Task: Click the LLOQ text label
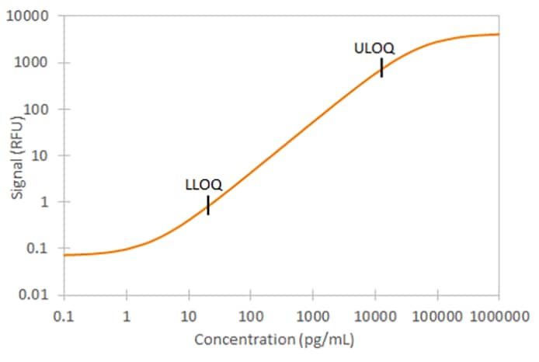(x=203, y=185)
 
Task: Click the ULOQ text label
(x=374, y=48)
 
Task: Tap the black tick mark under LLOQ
(x=208, y=205)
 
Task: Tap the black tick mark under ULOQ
(x=381, y=68)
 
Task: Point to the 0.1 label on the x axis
(x=64, y=316)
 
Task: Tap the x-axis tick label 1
(x=126, y=316)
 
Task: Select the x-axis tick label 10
(x=188, y=316)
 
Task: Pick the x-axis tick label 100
(x=250, y=316)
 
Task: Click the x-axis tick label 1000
(x=312, y=316)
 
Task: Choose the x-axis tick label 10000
(x=374, y=316)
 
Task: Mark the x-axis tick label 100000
(x=436, y=316)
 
